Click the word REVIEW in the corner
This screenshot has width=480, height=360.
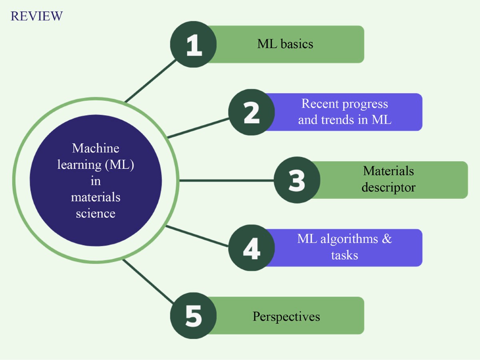(36, 16)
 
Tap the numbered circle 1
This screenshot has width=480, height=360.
(194, 44)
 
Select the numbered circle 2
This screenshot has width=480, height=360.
(252, 112)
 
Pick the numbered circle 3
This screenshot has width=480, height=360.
(297, 180)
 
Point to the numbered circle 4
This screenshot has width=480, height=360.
(252, 248)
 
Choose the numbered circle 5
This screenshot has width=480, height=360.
(194, 316)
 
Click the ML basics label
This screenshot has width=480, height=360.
(285, 44)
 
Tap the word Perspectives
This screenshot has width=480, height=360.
(286, 316)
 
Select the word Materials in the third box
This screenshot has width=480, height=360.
(388, 171)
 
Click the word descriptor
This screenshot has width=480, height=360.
(388, 187)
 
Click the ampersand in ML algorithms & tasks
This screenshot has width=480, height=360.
(386, 239)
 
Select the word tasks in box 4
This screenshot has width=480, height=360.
(344, 255)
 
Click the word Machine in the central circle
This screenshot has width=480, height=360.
(96, 148)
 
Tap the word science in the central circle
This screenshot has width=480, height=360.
(96, 213)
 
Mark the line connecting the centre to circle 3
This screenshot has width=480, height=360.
(226, 180)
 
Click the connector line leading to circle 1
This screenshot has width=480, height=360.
(150, 81)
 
